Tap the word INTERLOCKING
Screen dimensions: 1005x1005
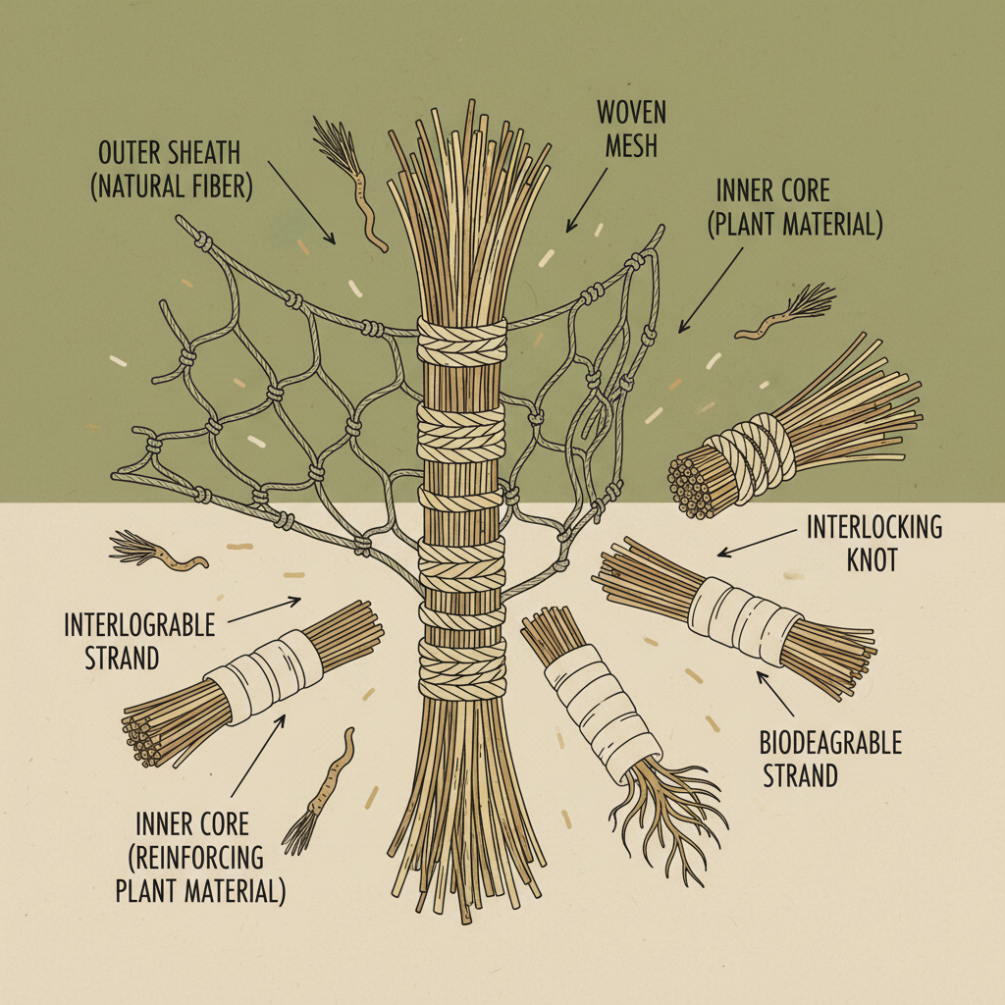pyautogui.click(x=874, y=527)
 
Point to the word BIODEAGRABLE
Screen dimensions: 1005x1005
pyautogui.click(x=830, y=743)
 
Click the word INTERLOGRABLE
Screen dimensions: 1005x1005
pyautogui.click(x=138, y=625)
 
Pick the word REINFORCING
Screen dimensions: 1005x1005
pyautogui.click(x=196, y=857)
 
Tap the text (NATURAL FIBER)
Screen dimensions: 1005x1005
pyautogui.click(x=172, y=186)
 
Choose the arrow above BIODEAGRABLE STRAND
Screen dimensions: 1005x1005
pyautogui.click(x=775, y=692)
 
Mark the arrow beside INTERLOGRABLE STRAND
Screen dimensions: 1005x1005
pyautogui.click(x=265, y=609)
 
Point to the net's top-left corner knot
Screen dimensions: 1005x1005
pyautogui.click(x=203, y=240)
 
